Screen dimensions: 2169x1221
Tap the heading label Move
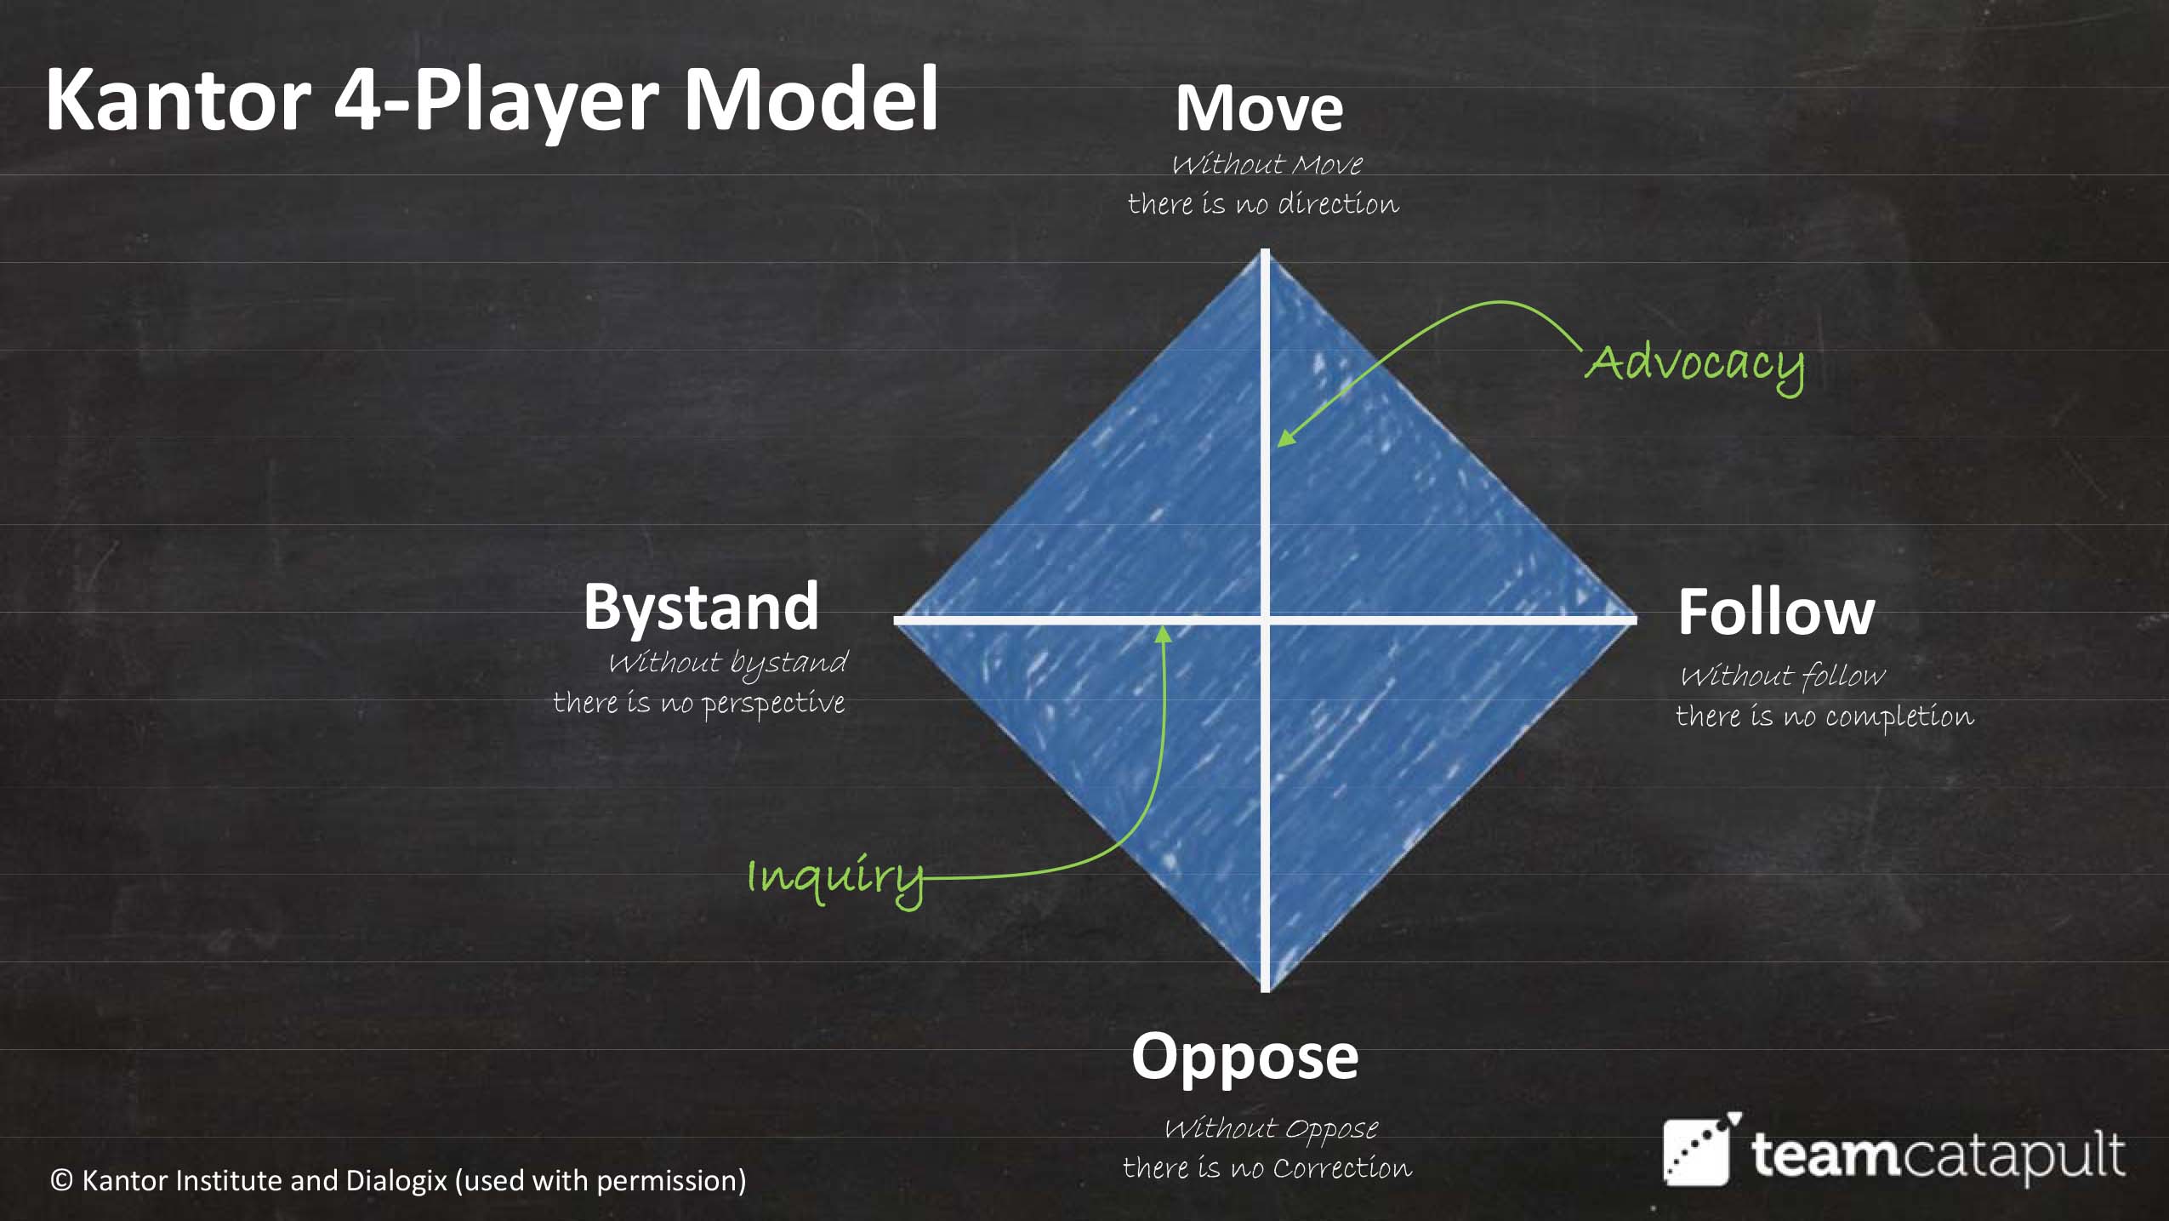[1259, 109]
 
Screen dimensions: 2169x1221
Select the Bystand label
[701, 608]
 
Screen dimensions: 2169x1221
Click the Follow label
[1776, 612]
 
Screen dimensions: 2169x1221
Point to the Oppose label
[1244, 1058]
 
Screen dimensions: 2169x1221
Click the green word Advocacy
[1694, 364]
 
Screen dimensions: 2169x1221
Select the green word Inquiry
[834, 877]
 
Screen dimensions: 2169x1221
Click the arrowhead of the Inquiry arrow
[1164, 634]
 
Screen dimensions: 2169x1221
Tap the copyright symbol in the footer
[61, 1181]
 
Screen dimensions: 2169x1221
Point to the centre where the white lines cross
[1266, 620]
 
